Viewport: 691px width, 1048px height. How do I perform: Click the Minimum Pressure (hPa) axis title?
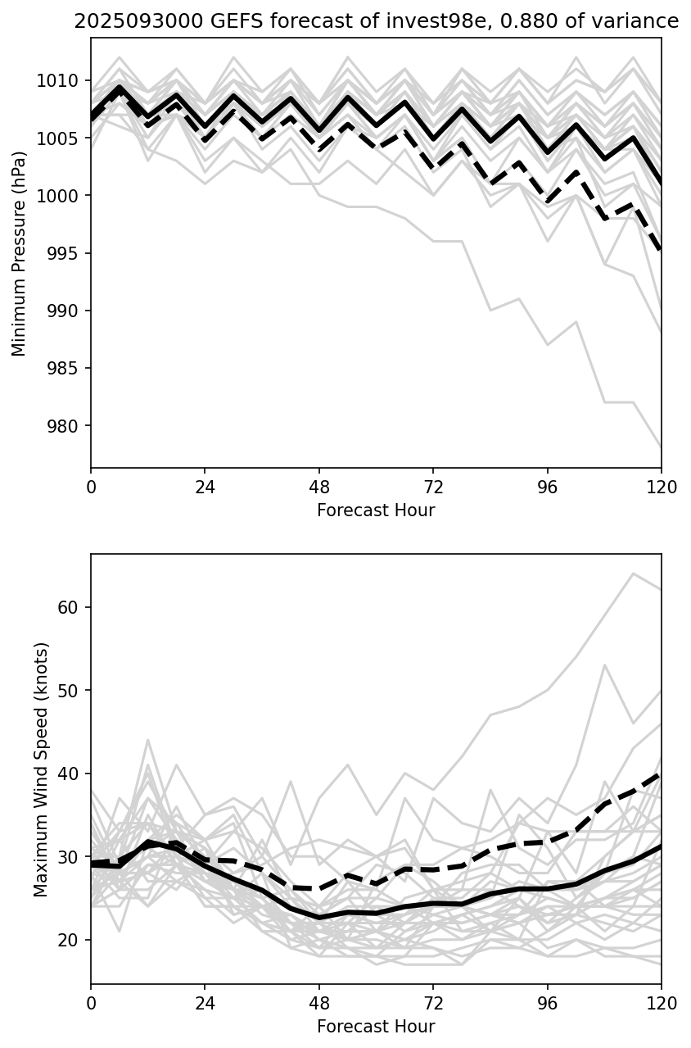click(x=19, y=253)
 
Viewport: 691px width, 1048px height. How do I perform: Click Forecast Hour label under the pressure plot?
click(x=376, y=510)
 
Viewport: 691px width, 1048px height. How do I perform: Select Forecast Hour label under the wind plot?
click(x=376, y=1027)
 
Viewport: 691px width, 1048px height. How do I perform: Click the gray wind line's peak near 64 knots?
click(x=633, y=574)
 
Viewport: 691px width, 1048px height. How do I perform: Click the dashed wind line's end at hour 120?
click(x=661, y=774)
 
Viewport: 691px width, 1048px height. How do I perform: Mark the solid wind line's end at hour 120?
click(x=661, y=846)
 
